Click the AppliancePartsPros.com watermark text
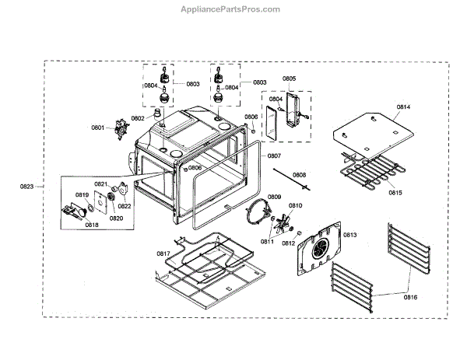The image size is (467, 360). pyautogui.click(x=233, y=9)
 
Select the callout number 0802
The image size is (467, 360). pyautogui.click(x=138, y=118)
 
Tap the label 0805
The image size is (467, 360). pyautogui.click(x=289, y=79)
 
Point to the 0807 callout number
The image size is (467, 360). pyautogui.click(x=274, y=156)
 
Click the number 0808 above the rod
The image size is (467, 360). pyautogui.click(x=299, y=175)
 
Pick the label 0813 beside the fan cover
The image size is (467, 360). pyautogui.click(x=349, y=234)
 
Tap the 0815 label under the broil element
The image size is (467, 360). pyautogui.click(x=396, y=192)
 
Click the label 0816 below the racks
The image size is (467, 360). pyautogui.click(x=410, y=297)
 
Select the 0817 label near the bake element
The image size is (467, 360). pyautogui.click(x=163, y=253)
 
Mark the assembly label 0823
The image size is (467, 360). pyautogui.click(x=27, y=187)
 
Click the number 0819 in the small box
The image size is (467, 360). pyautogui.click(x=82, y=194)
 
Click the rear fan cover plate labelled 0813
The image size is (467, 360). pyautogui.click(x=321, y=249)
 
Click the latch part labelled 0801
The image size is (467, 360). pyautogui.click(x=120, y=128)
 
